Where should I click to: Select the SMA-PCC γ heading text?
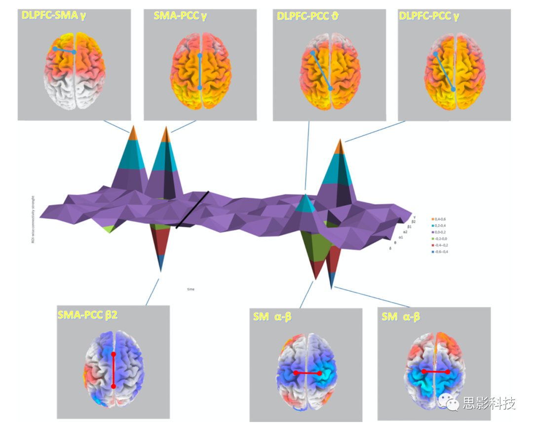pyautogui.click(x=180, y=16)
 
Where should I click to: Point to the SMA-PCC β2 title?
pyautogui.click(x=87, y=315)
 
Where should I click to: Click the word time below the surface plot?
pyautogui.click(x=190, y=289)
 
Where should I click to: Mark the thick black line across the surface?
pyautogui.click(x=192, y=210)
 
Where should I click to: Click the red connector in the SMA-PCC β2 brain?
pyautogui.click(x=114, y=370)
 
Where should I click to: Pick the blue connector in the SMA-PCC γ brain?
pyautogui.click(x=199, y=71)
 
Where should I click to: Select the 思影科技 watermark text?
pyautogui.click(x=489, y=403)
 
